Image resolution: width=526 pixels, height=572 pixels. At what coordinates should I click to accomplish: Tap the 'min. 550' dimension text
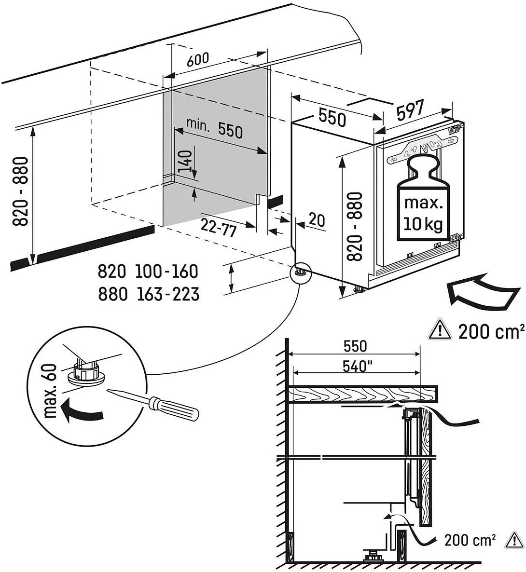coord(214,128)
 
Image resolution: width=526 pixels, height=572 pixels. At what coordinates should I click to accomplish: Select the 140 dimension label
coord(185,163)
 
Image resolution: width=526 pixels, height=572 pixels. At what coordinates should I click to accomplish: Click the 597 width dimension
coord(410,110)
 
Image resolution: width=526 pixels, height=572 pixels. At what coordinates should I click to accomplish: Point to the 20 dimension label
coord(317,220)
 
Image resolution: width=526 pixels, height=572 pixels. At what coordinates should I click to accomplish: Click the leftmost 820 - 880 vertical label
coord(20,191)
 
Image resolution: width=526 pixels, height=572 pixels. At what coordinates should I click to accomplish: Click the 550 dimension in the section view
coord(355,346)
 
